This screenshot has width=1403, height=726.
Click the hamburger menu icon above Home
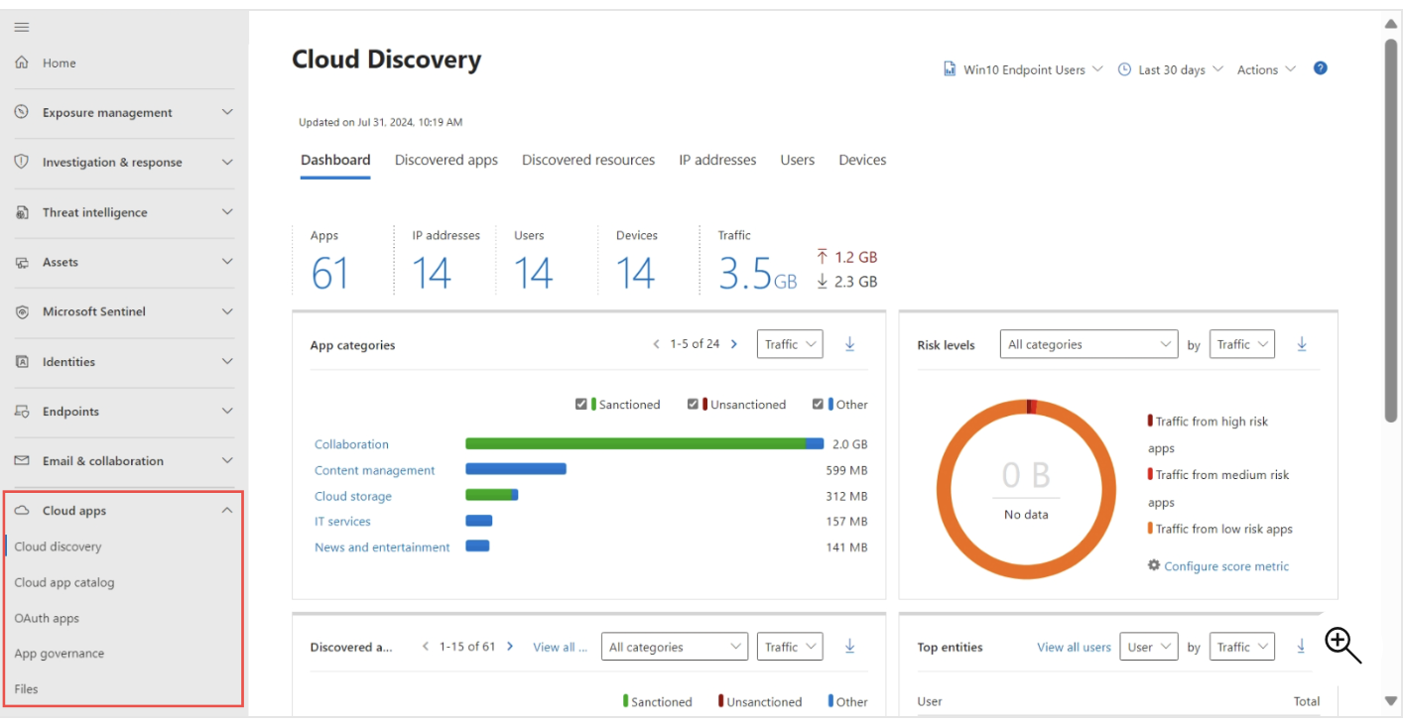[x=21, y=27]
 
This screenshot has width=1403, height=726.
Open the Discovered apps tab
[x=446, y=160]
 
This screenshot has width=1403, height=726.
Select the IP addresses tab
[x=717, y=160]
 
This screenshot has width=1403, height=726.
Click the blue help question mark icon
[x=1320, y=68]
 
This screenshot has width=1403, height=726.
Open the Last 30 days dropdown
[x=1171, y=69]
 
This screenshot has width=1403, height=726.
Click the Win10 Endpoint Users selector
[x=1023, y=69]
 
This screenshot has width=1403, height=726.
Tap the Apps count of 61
[x=329, y=274]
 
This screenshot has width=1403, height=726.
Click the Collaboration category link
[x=351, y=444]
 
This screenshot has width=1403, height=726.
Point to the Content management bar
[x=516, y=469]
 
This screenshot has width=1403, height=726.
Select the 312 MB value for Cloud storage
[x=846, y=496]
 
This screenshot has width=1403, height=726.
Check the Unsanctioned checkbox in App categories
[x=693, y=405]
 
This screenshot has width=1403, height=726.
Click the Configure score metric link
[x=1225, y=566]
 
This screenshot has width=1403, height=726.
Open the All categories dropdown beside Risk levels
[x=1088, y=344]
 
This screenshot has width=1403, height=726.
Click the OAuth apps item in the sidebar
[x=47, y=618]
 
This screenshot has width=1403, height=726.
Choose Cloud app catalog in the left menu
[x=64, y=582]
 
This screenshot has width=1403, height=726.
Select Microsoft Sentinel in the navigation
[x=94, y=311]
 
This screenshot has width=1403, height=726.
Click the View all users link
[x=1074, y=647]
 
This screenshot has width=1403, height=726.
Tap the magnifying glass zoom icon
[x=1342, y=645]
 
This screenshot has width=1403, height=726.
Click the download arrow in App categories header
[x=849, y=344]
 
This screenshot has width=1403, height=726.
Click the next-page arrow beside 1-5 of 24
[x=734, y=344]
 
